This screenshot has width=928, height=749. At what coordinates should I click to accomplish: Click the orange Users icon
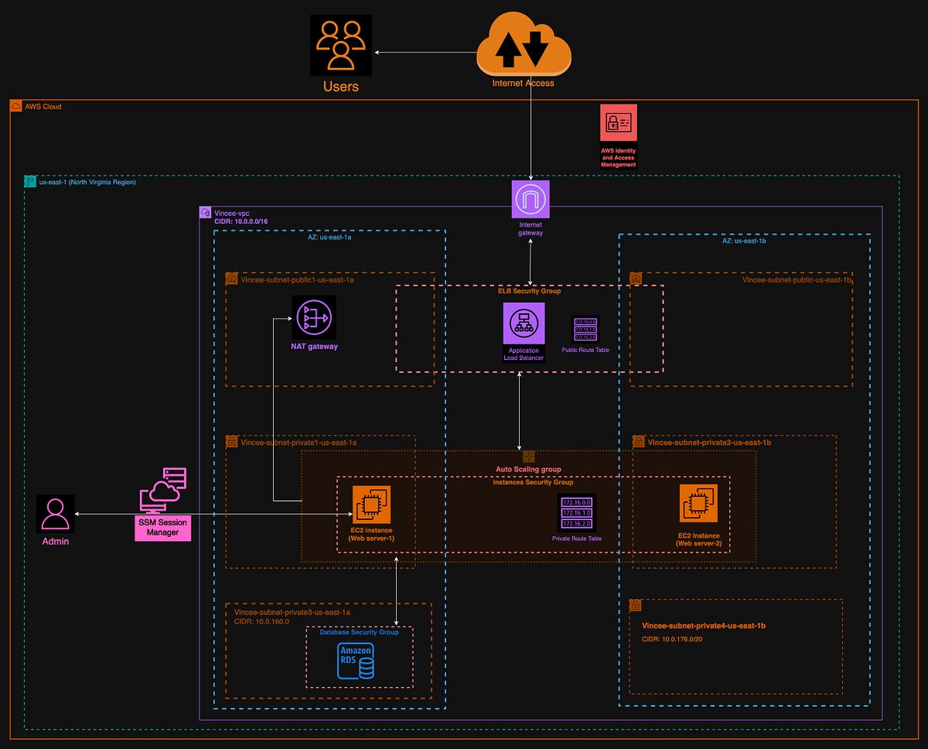[340, 46]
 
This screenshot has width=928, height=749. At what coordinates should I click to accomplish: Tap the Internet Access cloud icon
[524, 46]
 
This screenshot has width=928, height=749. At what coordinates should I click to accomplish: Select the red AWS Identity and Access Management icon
[618, 122]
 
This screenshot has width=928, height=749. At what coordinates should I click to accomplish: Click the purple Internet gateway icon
[531, 199]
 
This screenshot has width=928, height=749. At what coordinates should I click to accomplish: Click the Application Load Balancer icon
[524, 323]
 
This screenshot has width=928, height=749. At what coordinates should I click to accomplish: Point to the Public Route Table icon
[585, 329]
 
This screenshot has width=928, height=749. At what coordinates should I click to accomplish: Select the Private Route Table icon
[577, 512]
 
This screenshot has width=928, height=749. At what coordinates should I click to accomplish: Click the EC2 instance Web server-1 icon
[372, 504]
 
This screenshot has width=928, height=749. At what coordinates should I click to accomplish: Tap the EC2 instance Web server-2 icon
[698, 504]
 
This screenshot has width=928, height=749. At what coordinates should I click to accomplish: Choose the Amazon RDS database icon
[356, 661]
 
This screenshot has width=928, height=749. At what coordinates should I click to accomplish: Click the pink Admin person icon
[55, 513]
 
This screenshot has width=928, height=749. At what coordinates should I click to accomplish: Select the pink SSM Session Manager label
[162, 527]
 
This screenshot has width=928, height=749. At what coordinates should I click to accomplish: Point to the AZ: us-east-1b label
[743, 241]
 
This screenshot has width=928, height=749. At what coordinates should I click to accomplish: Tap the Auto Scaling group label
[528, 469]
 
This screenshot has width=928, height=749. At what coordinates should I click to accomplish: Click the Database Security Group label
[359, 632]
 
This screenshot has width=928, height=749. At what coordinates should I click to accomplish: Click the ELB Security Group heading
[529, 291]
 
